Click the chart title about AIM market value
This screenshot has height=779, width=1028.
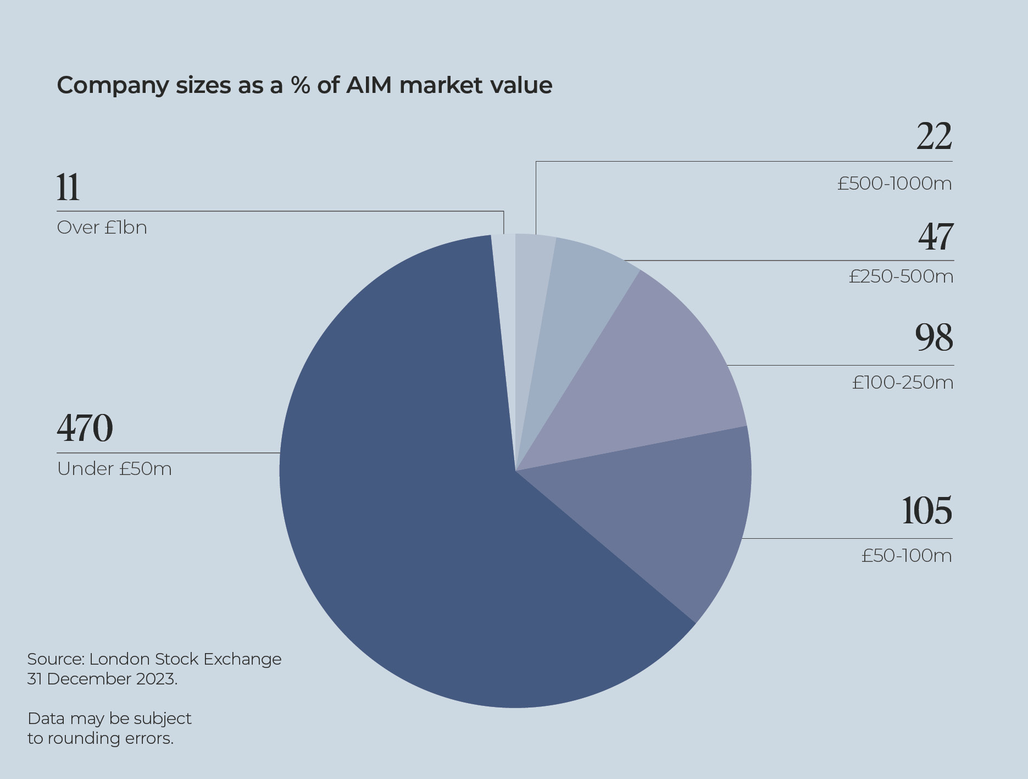coord(304,85)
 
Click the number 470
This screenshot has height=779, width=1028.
coord(85,428)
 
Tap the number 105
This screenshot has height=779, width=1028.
coord(927,511)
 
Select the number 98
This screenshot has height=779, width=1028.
coord(934,337)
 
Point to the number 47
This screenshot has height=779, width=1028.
coord(936,237)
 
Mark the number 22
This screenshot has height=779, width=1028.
coord(934,136)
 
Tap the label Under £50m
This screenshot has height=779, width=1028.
coord(114,469)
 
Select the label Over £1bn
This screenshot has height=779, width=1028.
coord(102,228)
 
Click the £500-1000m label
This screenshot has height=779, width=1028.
coord(894,184)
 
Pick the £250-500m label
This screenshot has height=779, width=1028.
coord(901,276)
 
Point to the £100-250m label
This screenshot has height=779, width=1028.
coord(903,382)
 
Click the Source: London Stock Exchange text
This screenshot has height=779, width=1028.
coord(154,659)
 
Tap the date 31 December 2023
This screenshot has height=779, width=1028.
coord(102,679)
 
